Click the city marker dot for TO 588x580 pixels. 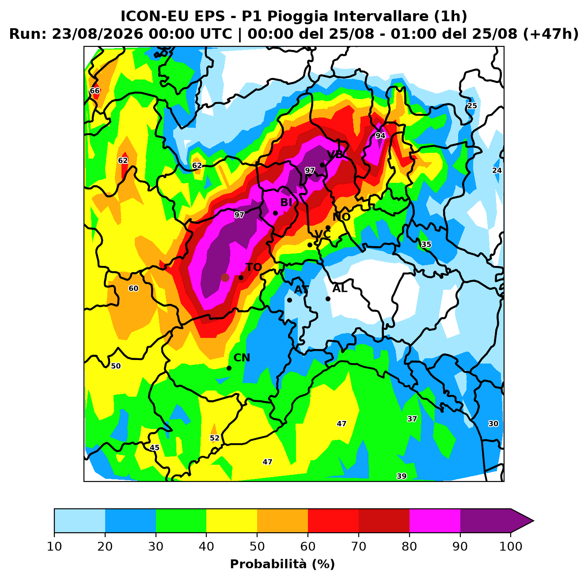[x=241, y=277]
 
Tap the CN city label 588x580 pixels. [x=242, y=358]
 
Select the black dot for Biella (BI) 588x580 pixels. [x=275, y=213]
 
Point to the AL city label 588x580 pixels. [x=340, y=288]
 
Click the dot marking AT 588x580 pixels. [x=289, y=300]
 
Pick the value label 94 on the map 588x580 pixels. [x=380, y=136]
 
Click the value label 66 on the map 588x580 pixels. [x=95, y=91]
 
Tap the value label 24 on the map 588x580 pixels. [x=497, y=171]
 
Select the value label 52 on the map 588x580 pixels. [x=215, y=438]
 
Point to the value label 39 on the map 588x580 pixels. [x=402, y=476]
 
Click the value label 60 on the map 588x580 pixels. [x=133, y=288]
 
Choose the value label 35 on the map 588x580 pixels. [x=426, y=244]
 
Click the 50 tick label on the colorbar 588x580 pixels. [x=257, y=546]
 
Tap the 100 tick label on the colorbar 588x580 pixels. [x=511, y=546]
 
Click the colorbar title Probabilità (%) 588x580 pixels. [x=282, y=564]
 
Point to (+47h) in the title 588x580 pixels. [x=550, y=34]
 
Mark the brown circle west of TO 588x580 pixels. [x=225, y=277]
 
